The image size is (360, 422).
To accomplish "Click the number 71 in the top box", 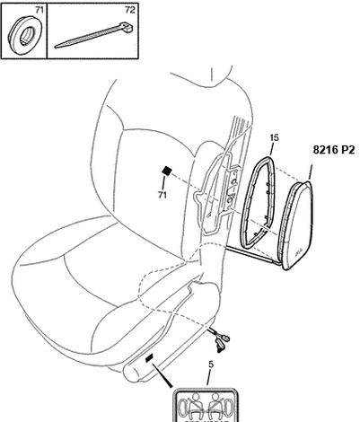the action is (40, 10).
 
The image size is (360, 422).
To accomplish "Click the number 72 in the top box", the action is (130, 10).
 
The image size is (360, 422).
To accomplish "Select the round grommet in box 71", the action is (25, 36).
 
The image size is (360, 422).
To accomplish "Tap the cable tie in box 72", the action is (94, 35).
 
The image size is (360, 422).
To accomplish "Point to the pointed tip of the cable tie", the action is (56, 47).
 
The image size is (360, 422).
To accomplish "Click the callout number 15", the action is (274, 137).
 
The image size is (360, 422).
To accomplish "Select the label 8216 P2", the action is (333, 149).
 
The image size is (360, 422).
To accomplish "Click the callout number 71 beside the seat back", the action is (162, 195).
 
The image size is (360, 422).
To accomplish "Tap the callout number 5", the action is (211, 365).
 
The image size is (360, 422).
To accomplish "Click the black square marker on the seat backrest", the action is (167, 171).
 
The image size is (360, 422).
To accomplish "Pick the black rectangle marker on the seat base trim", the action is (149, 358).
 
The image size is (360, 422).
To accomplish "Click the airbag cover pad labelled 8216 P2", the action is (296, 225).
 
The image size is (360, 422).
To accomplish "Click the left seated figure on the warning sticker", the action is (195, 406).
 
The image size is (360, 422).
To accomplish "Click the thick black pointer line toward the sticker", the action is (162, 376).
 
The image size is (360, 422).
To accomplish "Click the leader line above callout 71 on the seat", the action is (163, 183).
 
